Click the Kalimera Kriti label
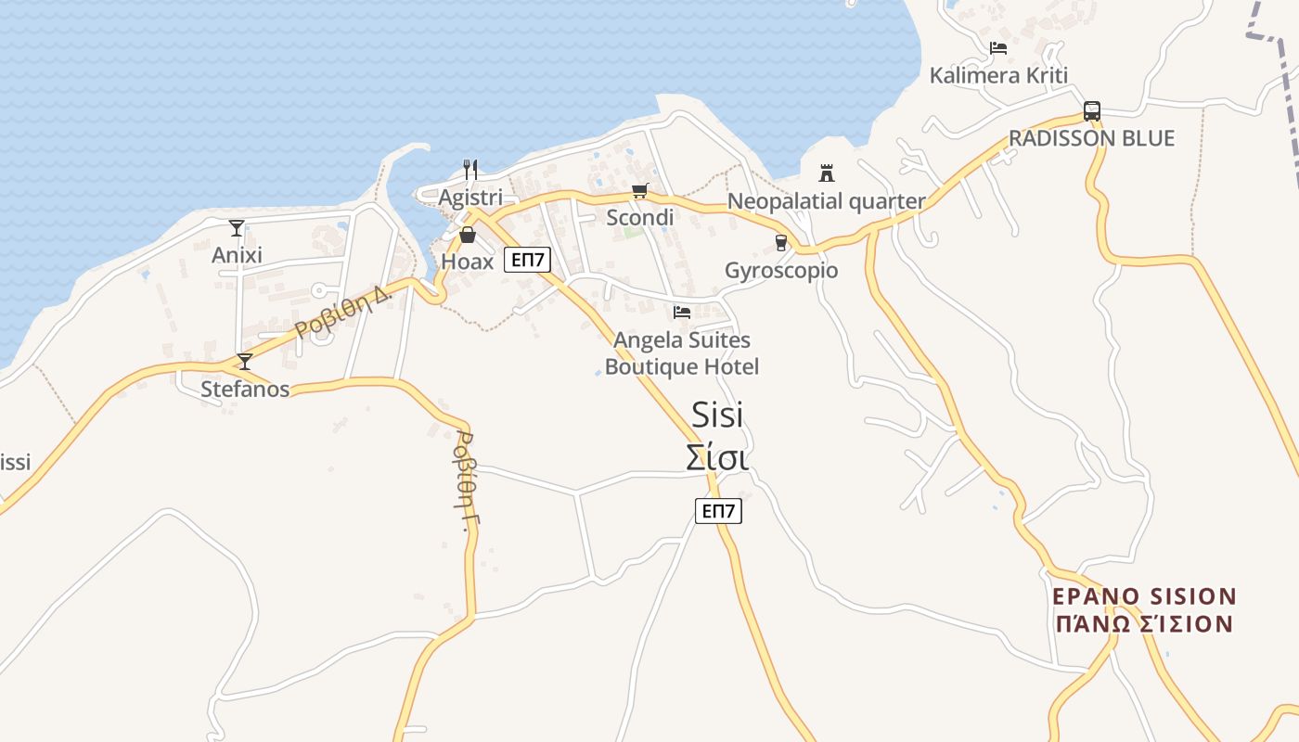click(998, 75)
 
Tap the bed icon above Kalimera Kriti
click(998, 47)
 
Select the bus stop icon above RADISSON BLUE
click(1092, 111)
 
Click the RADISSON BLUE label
click(1091, 138)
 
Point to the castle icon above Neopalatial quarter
click(827, 173)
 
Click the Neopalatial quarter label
click(826, 201)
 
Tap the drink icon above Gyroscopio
click(780, 243)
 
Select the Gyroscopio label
click(780, 271)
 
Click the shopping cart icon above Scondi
click(639, 191)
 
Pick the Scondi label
click(639, 218)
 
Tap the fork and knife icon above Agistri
click(470, 169)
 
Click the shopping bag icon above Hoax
click(468, 236)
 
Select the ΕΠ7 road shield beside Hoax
click(527, 260)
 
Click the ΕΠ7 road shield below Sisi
click(718, 510)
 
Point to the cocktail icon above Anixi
click(237, 227)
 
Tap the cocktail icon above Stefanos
click(245, 361)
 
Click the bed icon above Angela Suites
click(682, 313)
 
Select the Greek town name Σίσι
click(717, 457)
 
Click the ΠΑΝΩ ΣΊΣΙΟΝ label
click(1144, 623)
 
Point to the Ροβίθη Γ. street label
click(463, 480)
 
